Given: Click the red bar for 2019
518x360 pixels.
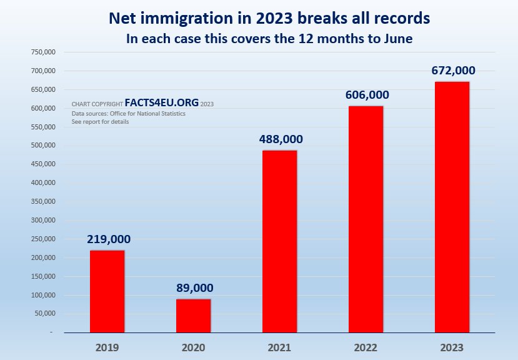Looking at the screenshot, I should click(x=107, y=291).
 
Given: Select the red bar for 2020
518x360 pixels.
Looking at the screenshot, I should click(x=193, y=316).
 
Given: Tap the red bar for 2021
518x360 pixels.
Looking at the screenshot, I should click(x=279, y=241).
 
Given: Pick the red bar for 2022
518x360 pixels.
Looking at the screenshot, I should click(x=366, y=219).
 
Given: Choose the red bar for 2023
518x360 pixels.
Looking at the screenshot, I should click(x=452, y=207).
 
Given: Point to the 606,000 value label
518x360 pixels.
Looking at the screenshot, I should click(x=367, y=95).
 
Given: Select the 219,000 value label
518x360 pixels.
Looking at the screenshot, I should click(x=108, y=239).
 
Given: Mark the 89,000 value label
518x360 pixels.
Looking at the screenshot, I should click(x=194, y=288).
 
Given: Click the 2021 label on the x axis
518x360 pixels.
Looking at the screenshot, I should click(x=279, y=346).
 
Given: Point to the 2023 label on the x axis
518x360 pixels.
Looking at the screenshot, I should click(x=452, y=346).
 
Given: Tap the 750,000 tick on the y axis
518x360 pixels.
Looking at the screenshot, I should click(x=44, y=52).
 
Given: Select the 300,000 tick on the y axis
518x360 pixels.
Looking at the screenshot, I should click(x=44, y=221).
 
